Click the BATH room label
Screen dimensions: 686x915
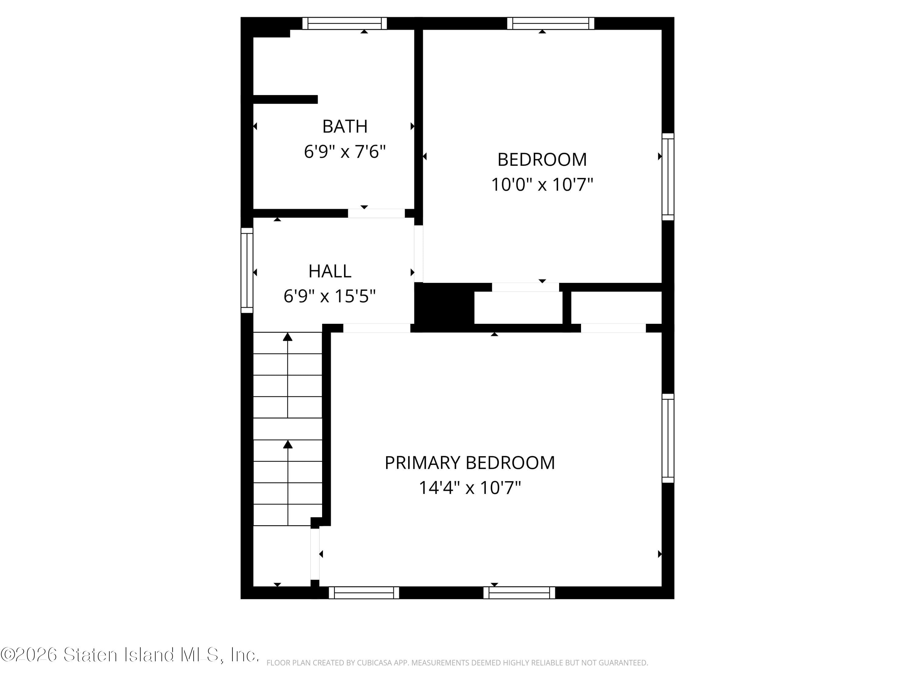(345, 127)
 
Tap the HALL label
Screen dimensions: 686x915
(330, 271)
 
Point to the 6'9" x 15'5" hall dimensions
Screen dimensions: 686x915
(330, 296)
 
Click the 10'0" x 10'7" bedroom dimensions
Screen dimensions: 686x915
(542, 184)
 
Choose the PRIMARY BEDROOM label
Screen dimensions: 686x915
(469, 463)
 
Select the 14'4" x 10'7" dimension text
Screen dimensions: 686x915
(469, 488)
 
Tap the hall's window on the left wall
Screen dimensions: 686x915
(247, 270)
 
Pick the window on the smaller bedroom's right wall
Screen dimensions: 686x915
(668, 177)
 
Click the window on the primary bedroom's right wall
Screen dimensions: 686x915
(668, 438)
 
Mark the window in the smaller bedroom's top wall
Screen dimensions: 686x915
(551, 23)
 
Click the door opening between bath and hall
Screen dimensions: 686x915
(376, 213)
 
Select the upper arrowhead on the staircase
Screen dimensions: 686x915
(288, 337)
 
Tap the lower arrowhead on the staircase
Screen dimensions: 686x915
(288, 445)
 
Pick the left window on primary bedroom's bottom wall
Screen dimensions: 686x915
(364, 592)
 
